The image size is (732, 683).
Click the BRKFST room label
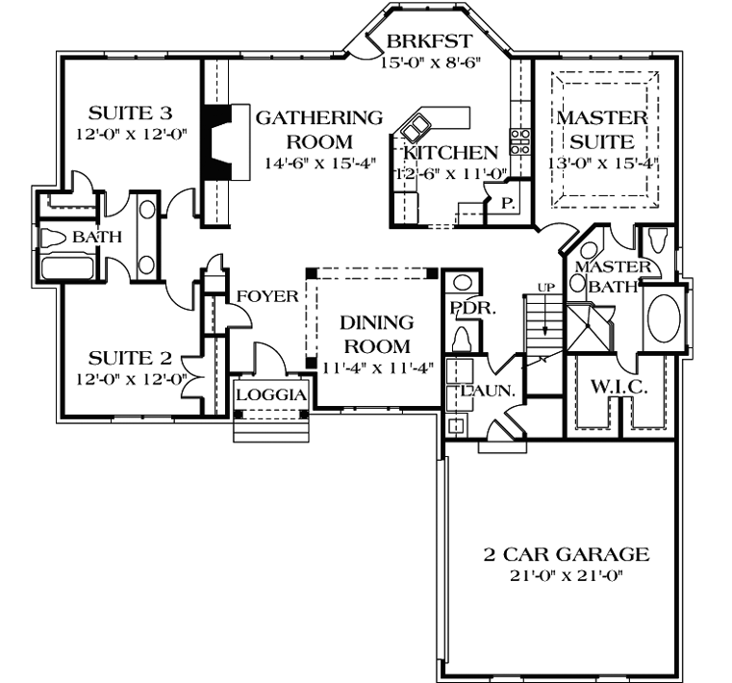pos(428,41)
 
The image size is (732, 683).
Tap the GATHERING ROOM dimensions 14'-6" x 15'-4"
pos(318,163)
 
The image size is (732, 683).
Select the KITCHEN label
pos(451,152)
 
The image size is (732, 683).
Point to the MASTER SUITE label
pos(602,130)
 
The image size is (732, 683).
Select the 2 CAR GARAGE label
pos(567,554)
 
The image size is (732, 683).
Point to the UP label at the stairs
pos(544,288)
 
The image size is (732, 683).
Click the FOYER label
pos(267,296)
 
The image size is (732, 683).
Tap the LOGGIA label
pos(271,394)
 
